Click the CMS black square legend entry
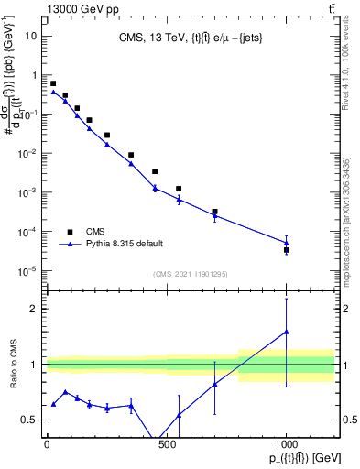click(70, 232)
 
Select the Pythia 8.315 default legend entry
click(70, 245)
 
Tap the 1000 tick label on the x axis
click(286, 445)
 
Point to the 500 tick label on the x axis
click(167, 445)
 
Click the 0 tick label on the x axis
click(47, 445)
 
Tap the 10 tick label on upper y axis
click(30, 36)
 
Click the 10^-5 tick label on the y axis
click(27, 270)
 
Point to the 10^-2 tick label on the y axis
click(27, 153)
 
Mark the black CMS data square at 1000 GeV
click(287, 250)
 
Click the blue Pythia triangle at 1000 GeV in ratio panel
click(287, 332)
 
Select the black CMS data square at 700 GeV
click(214, 212)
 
